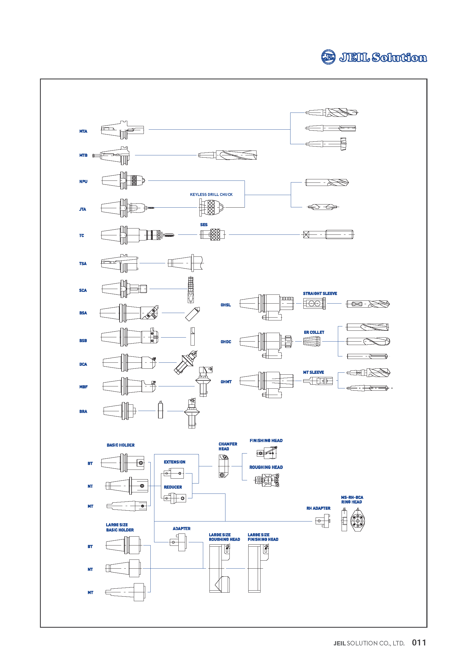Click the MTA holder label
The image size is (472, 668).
83,131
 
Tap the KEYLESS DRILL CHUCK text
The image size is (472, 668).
211,194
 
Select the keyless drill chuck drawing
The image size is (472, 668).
211,207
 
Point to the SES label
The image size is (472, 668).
204,224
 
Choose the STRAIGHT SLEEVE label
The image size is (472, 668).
320,293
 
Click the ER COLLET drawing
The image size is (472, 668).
312,341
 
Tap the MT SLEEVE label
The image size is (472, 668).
313,372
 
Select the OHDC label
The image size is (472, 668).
226,342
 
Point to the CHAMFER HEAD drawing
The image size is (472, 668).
223,466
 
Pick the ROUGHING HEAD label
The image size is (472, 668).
266,467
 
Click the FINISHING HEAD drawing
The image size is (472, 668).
267,453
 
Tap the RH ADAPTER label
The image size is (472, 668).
318,508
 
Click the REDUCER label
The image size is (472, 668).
173,487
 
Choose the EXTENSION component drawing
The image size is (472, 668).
174,473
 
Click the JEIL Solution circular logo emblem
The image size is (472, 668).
328,57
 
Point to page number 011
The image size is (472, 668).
419,642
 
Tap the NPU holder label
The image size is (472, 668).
83,181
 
